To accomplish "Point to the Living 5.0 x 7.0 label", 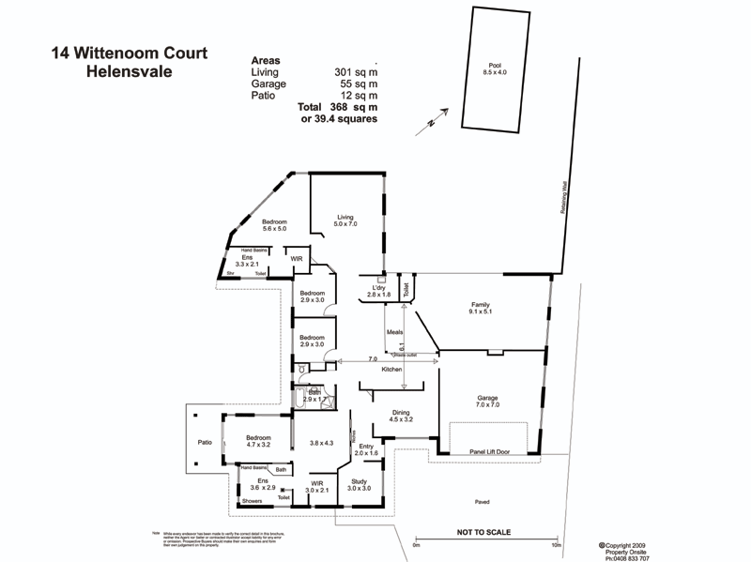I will point(346,220).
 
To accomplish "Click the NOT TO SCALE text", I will point(483,533).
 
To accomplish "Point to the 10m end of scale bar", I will point(557,545).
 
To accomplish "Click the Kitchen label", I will point(391,370).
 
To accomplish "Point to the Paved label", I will point(482,501).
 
